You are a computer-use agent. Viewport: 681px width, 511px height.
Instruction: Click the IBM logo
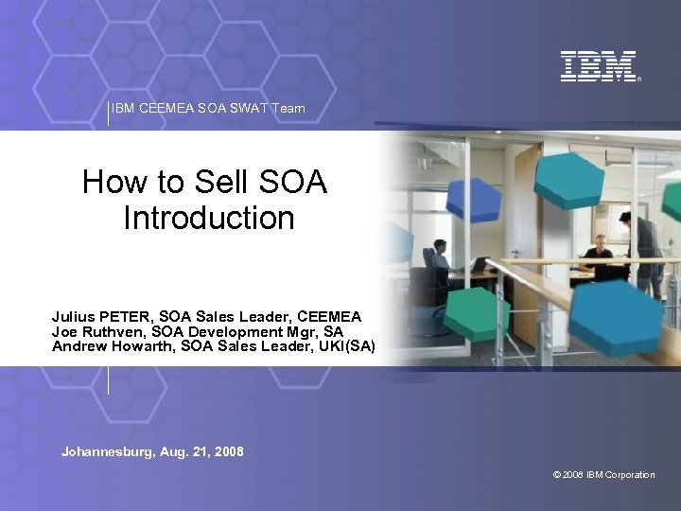(598, 66)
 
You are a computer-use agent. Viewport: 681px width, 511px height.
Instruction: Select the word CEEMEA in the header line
(166, 109)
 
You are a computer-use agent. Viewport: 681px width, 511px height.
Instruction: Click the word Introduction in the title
(208, 218)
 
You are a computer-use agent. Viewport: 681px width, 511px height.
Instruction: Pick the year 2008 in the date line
(228, 452)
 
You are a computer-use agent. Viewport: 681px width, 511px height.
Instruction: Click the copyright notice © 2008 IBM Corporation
(603, 475)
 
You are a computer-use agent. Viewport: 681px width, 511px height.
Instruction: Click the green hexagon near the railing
(478, 313)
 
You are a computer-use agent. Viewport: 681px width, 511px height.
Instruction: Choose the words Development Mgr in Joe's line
(244, 331)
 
